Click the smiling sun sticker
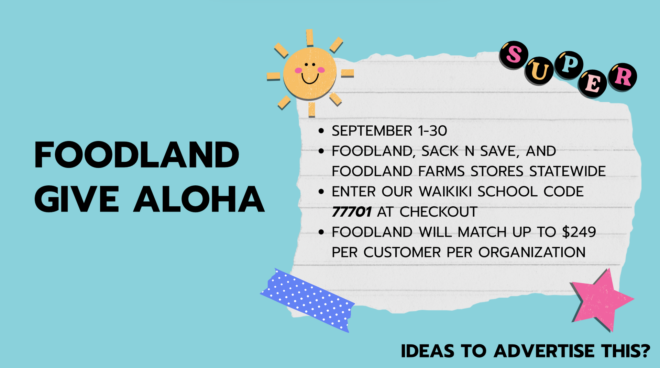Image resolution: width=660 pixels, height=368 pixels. [x=310, y=73]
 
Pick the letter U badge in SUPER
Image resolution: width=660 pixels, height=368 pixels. [x=539, y=71]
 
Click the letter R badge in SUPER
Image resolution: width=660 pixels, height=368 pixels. [x=623, y=77]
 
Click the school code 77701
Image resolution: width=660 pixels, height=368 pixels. [x=351, y=212]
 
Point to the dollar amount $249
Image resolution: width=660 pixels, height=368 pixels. [x=579, y=232]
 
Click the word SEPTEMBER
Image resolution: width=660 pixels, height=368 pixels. [x=372, y=131]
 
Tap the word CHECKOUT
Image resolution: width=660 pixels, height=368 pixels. [x=439, y=212]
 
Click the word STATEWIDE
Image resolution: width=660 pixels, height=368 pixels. [x=567, y=171]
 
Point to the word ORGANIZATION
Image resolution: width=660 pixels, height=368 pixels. [x=532, y=252]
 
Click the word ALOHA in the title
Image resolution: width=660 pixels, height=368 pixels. [x=199, y=199]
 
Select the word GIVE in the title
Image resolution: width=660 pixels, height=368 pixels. [x=77, y=199]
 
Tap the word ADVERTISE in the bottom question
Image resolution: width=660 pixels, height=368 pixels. [x=544, y=351]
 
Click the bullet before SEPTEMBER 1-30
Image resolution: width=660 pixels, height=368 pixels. [x=321, y=131]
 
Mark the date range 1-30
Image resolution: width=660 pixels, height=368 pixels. [x=432, y=131]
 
